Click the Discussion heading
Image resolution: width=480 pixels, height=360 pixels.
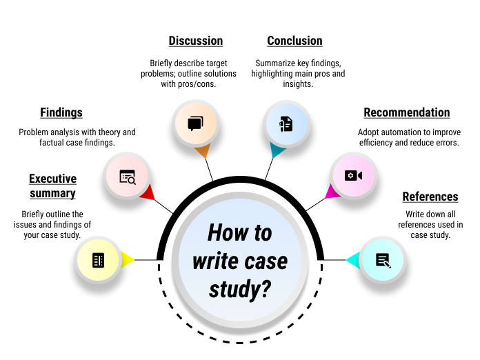click(x=196, y=41)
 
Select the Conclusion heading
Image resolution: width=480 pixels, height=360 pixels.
click(x=294, y=41)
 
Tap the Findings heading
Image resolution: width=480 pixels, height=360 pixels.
click(x=61, y=112)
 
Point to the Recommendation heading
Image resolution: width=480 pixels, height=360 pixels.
click(x=407, y=112)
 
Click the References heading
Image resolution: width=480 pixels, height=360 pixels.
click(x=430, y=197)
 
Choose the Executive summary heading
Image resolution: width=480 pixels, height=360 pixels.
click(x=52, y=186)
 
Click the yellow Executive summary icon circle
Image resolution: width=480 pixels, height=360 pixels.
click(x=98, y=260)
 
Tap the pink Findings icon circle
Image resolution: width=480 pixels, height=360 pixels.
click(x=128, y=177)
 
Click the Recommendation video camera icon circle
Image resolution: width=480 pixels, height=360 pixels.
click(x=353, y=175)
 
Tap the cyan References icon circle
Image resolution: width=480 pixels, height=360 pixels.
click(x=383, y=260)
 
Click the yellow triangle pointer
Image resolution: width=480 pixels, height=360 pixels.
click(x=128, y=260)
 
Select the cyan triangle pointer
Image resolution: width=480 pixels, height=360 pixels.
click(x=352, y=260)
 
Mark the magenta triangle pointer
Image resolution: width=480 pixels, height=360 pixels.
click(x=333, y=191)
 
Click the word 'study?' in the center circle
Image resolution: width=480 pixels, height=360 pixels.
click(x=240, y=288)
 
